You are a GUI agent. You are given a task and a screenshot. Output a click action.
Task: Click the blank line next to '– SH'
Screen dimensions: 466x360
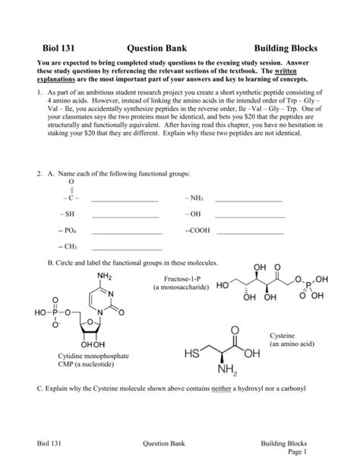pyautogui.click(x=125, y=215)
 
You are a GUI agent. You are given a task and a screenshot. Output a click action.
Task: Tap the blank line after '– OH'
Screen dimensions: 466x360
pyautogui.click(x=248, y=215)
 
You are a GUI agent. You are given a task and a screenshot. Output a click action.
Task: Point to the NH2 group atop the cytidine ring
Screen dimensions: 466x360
pyautogui.click(x=104, y=275)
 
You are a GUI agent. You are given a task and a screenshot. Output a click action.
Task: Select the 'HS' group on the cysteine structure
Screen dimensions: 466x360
pyautogui.click(x=189, y=355)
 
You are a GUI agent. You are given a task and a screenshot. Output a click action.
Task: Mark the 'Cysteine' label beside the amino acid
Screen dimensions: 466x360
pyautogui.click(x=292, y=335)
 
